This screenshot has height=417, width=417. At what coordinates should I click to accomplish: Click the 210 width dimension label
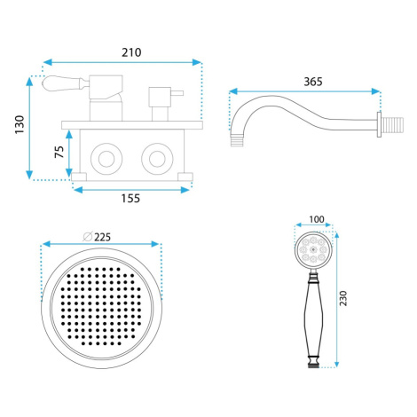pos(131,52)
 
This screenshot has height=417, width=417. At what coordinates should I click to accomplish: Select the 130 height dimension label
pos(20,124)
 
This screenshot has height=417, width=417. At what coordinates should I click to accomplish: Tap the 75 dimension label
pos(59,152)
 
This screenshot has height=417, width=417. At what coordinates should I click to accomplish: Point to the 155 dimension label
pos(130,198)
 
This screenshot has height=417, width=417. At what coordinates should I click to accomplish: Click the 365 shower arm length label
pos(313,82)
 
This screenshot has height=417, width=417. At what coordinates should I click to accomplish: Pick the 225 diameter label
pos(102,237)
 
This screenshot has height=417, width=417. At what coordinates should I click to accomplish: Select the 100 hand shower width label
pos(317,219)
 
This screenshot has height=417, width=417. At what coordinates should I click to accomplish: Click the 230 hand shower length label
pos(343,298)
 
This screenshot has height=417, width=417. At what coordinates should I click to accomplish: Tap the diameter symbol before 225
pos(88,237)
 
